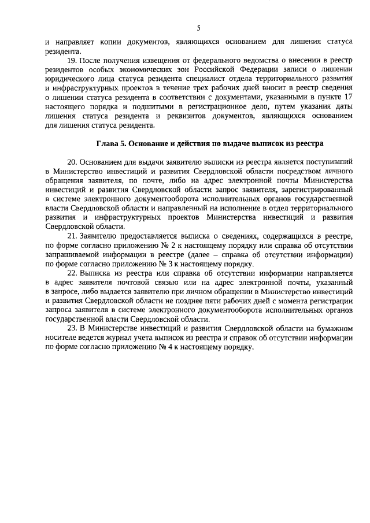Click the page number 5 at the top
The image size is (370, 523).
(198, 27)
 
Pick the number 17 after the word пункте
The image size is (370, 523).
(346, 98)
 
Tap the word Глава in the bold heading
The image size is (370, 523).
(108, 143)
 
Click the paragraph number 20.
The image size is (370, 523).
(72, 163)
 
